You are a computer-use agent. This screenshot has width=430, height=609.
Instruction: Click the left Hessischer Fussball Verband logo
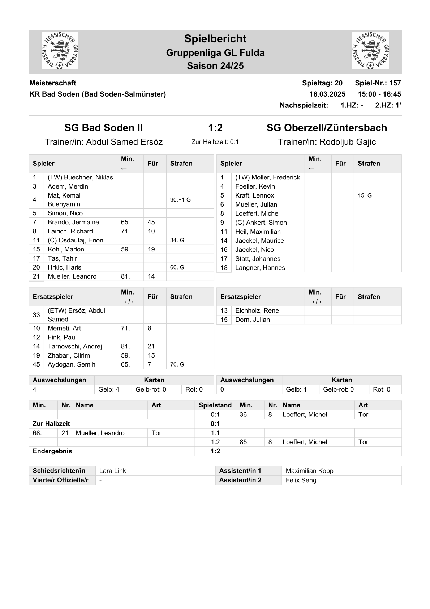[60, 51]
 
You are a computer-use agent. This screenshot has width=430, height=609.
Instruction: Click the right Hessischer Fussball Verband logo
[370, 51]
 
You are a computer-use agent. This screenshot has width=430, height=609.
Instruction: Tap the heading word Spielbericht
[215, 39]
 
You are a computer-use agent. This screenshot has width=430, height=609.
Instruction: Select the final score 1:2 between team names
[215, 128]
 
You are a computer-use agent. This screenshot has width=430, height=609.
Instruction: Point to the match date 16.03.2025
[327, 94]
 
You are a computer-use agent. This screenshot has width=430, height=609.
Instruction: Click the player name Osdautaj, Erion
[75, 240]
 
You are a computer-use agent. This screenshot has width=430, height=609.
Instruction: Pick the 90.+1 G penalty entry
[180, 200]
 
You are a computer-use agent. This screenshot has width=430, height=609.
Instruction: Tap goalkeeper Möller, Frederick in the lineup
[267, 177]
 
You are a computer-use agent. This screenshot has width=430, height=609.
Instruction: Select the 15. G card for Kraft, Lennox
[365, 195]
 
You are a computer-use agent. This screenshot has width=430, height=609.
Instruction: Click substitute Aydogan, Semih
[72, 364]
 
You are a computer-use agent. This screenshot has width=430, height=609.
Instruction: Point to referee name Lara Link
[112, 471]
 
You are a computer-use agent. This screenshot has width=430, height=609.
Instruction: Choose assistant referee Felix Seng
[301, 480]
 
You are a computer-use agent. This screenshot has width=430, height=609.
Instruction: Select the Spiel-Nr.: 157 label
[378, 83]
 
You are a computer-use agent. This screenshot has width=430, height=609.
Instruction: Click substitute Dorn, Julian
[252, 320]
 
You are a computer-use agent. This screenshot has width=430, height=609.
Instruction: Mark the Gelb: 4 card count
[109, 389]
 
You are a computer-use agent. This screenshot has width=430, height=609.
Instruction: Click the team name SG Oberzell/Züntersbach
[327, 128]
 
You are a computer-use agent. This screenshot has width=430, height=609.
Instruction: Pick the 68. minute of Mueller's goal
[37, 433]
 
